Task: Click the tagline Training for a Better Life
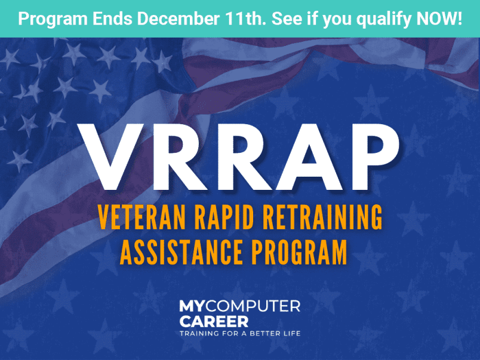240,333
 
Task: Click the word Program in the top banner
49,19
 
